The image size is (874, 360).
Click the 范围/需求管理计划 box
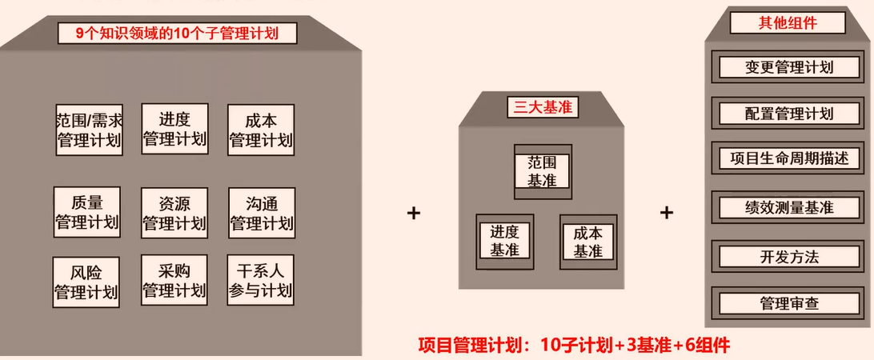(89, 130)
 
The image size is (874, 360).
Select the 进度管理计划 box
(174, 129)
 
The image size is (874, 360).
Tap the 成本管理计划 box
(261, 130)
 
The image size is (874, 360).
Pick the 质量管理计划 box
(87, 212)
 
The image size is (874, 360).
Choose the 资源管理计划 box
(174, 213)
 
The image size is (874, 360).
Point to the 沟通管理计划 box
(262, 213)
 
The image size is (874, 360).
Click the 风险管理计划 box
(86, 282)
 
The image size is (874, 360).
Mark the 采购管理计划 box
(174, 280)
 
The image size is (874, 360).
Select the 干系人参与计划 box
(260, 280)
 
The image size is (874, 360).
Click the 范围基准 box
(543, 172)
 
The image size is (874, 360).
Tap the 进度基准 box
(505, 242)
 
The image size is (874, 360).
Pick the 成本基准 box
(588, 242)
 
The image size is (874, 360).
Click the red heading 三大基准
(543, 107)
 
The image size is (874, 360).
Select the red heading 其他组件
(788, 23)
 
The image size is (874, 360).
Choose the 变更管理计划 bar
(788, 67)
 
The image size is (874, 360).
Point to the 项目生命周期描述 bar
(788, 158)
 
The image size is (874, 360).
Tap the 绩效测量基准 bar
(788, 208)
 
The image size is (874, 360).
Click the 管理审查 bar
(788, 304)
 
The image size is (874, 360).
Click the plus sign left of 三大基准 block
(414, 213)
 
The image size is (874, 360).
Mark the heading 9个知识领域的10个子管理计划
(177, 34)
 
